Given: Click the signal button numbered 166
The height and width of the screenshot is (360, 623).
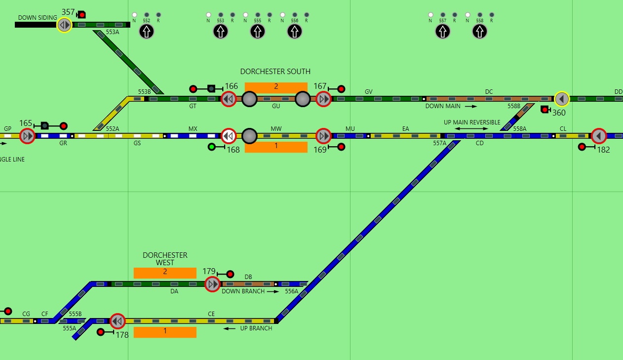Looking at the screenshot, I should coord(228,99).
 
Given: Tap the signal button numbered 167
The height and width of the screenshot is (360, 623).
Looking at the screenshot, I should coord(323,99).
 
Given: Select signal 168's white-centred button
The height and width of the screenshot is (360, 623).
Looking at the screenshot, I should coord(228,136).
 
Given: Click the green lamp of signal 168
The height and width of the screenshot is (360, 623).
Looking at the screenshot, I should coord(212,147).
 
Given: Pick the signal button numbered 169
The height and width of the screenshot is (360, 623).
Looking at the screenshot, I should coord(323,136).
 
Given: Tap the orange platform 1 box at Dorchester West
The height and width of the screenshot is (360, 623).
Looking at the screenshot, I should coord(165,332).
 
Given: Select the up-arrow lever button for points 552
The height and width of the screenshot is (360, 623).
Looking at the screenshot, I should coord(146,32).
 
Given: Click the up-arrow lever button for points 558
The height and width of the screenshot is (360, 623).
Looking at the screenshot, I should coord(479,32).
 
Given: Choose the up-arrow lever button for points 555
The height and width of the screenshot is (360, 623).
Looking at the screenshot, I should coord(257,32).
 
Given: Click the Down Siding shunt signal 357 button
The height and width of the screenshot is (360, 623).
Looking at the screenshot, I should coord(64,25).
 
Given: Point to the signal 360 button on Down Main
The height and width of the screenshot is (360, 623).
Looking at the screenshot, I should coord(561,99).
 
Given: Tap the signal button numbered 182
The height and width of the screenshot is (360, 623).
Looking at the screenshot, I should coord(598,136).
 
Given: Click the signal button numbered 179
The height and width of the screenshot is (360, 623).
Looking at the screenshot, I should coord(212,284).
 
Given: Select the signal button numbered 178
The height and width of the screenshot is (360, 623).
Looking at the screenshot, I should coord(117,321).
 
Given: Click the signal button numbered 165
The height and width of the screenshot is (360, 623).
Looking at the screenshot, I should coord(27,136).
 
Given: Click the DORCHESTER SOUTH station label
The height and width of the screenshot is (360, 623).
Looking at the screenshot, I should coord(275,72).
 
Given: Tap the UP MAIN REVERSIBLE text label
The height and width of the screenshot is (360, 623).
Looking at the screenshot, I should coord(471,122).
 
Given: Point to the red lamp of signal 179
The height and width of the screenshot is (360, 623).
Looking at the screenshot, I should coord(230,274).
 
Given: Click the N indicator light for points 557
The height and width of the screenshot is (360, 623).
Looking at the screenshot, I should coord(430,15).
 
